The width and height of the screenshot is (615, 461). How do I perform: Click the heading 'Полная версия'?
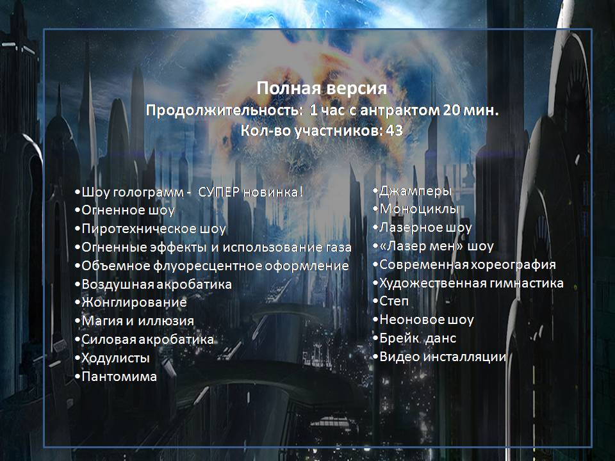click(x=322, y=88)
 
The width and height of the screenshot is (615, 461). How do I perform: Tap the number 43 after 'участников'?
click(x=394, y=131)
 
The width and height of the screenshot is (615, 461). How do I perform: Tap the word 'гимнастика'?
click(x=527, y=283)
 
